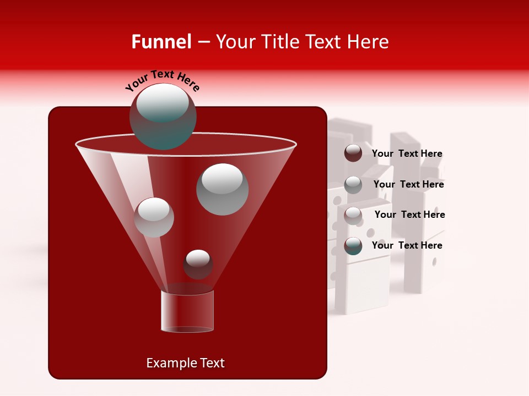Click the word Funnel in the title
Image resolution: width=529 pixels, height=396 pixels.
pos(161,42)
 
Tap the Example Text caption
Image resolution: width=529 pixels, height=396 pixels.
pos(185,363)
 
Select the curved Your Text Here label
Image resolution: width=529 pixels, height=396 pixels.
pos(162,80)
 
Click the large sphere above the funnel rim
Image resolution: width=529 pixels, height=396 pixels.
pos(163,116)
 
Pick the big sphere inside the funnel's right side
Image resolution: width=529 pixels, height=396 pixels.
pos(222,189)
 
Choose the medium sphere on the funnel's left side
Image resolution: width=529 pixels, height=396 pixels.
pos(154,217)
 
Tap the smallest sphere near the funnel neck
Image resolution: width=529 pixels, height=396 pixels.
pos(198,264)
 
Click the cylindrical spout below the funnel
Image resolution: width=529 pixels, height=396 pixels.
pos(187,311)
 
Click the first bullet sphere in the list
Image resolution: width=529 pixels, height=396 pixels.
pos(353,153)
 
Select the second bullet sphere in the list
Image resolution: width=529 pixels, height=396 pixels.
pos(353,184)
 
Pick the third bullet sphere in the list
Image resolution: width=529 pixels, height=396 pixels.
pos(353,215)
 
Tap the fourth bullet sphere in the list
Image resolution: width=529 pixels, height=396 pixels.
pos(353,246)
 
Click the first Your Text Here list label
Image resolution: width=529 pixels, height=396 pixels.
pos(407,154)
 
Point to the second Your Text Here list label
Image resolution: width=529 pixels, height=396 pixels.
pos(408,185)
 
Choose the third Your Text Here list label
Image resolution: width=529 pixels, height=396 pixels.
pos(409,215)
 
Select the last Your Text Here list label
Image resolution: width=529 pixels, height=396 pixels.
pos(407,245)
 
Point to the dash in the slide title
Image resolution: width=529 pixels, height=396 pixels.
pos(203,42)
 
